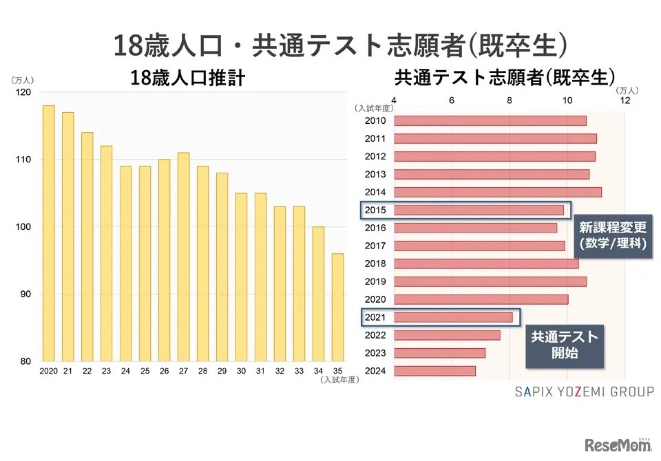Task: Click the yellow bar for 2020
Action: point(48,233)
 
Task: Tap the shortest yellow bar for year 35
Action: point(337,307)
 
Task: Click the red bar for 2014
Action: point(497,192)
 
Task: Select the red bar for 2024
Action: point(434,371)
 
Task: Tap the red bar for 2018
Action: point(485,264)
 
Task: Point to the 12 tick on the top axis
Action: point(625,100)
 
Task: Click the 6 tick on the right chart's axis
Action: point(451,100)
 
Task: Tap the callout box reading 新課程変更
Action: point(612,234)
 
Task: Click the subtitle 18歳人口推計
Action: point(187,78)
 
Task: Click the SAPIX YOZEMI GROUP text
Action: point(584,392)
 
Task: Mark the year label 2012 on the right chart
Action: point(375,156)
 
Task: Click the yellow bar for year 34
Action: point(318,294)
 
